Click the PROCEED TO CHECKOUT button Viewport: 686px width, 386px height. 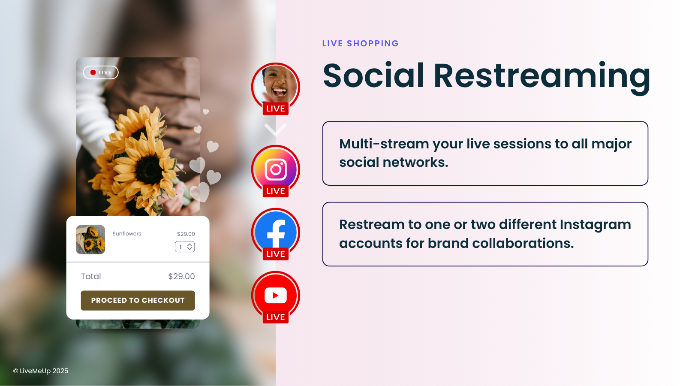tap(138, 300)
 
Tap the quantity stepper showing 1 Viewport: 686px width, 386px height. tap(185, 247)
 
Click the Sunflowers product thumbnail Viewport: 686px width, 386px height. tap(90, 240)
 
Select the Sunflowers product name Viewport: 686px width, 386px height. tap(127, 233)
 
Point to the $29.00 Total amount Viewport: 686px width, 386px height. tap(181, 276)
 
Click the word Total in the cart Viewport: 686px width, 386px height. tap(91, 276)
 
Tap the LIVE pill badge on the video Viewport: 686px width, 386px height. tap(101, 72)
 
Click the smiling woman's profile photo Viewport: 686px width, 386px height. tap(276, 85)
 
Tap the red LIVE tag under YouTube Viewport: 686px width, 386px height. tap(276, 317)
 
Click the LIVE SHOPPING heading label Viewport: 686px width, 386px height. tap(361, 43)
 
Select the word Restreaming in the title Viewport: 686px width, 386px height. tap(542, 76)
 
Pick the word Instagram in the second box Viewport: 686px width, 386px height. tap(596, 225)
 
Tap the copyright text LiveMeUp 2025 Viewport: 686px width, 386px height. tap(41, 371)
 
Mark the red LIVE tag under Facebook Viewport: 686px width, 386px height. tap(276, 253)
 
